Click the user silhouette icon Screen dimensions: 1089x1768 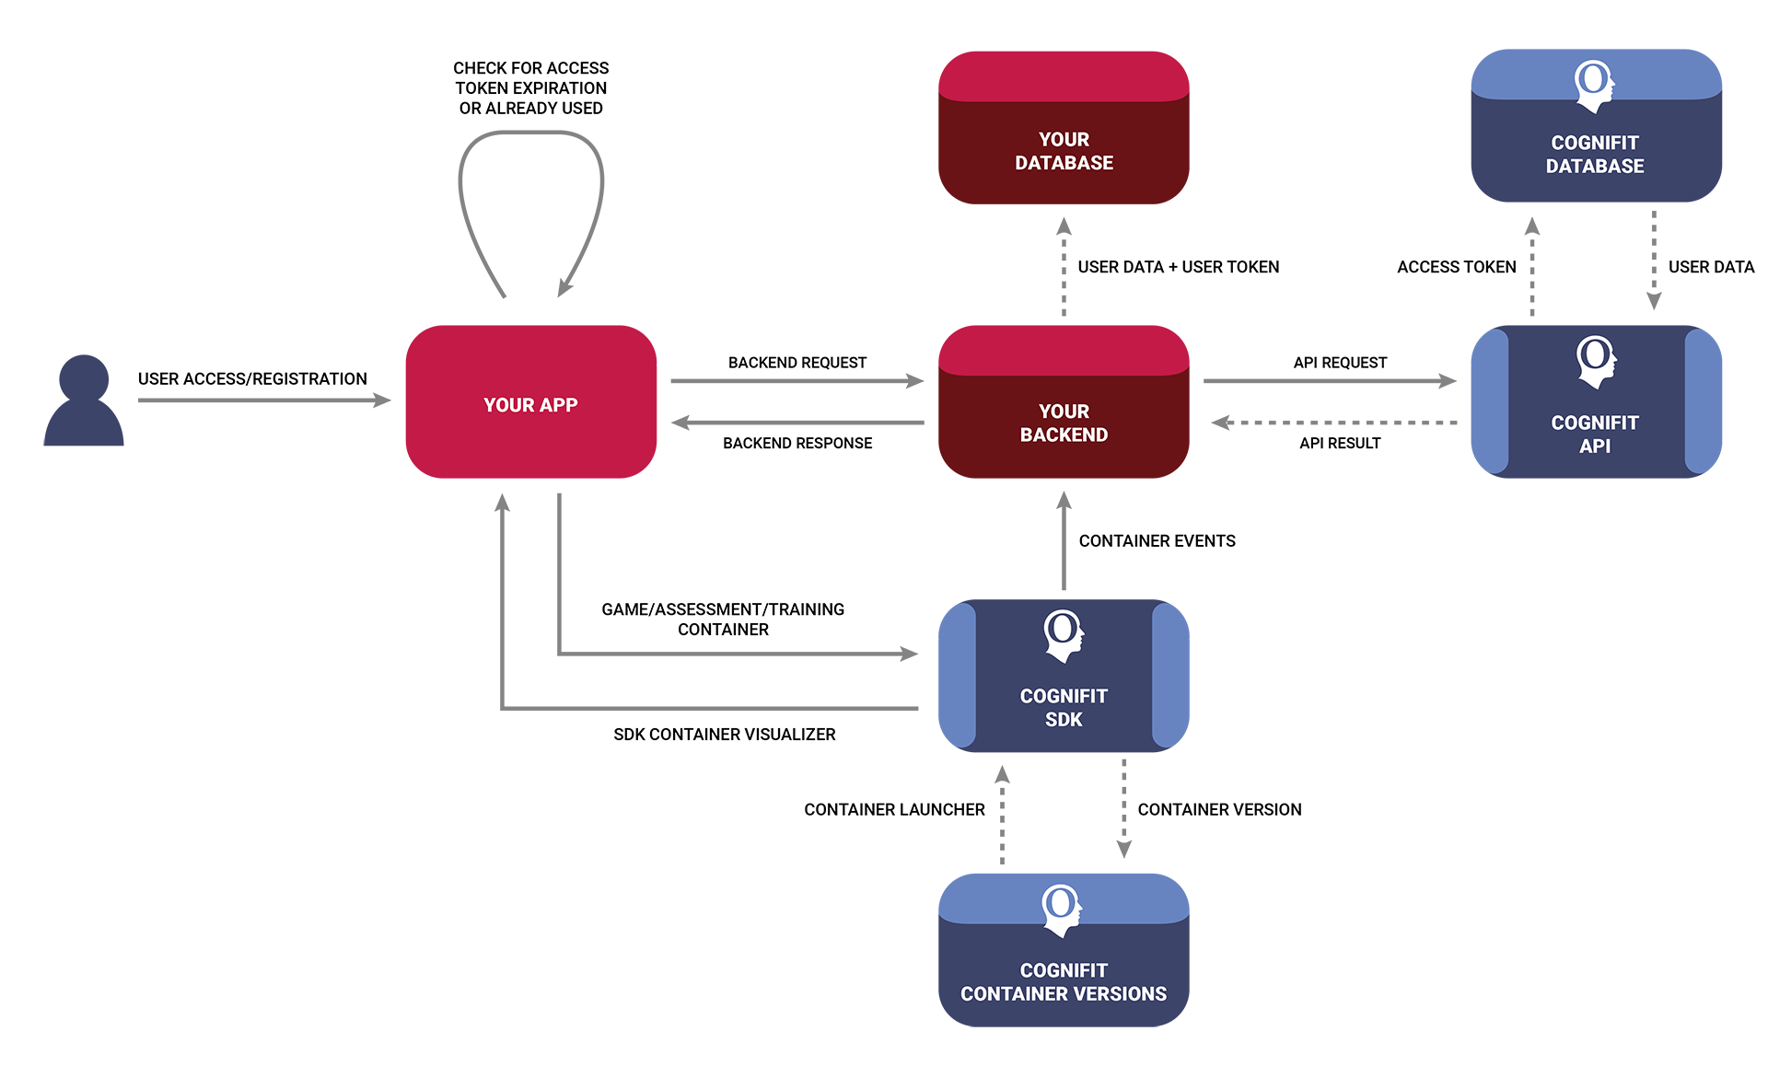tap(83, 402)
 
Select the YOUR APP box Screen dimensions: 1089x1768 tap(530, 402)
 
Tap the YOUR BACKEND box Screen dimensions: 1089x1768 tap(1063, 402)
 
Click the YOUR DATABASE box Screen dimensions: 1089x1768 tap(1063, 129)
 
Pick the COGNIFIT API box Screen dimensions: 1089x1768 tap(1595, 402)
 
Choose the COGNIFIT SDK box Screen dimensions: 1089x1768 tap(1063, 677)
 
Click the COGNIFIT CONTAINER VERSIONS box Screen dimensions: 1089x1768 tap(1063, 951)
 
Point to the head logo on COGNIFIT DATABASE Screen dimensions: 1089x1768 tap(1594, 85)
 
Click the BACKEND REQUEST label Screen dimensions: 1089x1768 tap(797, 363)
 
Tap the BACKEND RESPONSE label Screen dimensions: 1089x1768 tap(797, 443)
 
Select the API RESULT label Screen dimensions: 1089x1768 tap(1339, 443)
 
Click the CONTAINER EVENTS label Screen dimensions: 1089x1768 tap(1157, 541)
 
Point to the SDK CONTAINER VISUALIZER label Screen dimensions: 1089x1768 tap(724, 735)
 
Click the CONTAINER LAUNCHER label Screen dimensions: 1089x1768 tap(893, 810)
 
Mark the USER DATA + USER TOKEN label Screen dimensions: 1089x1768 tap(1178, 267)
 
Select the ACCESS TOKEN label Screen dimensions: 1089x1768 tap(1456, 267)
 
